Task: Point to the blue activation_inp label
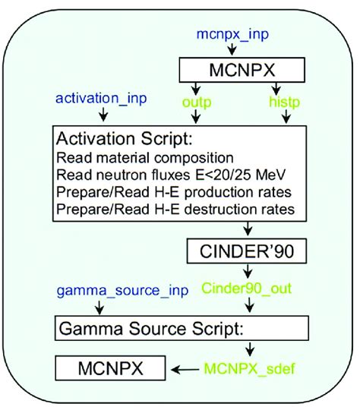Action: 102,99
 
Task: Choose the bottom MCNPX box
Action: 112,370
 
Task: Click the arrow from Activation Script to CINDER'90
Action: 247,230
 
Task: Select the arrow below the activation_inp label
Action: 102,115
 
